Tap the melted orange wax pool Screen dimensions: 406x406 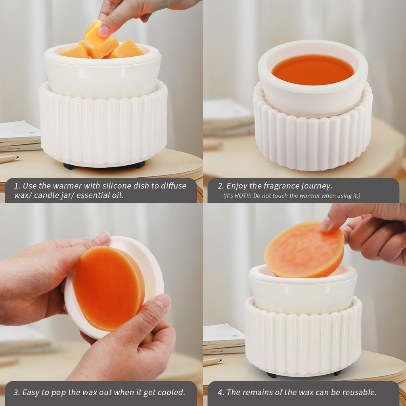[312, 70]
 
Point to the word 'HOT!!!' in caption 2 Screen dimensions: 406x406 [249, 196]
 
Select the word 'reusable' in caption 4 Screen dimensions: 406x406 [357, 393]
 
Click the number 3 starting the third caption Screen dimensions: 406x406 [16, 393]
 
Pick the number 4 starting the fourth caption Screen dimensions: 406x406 [220, 393]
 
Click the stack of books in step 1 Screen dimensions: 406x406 [20, 137]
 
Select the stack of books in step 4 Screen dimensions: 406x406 [223, 339]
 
